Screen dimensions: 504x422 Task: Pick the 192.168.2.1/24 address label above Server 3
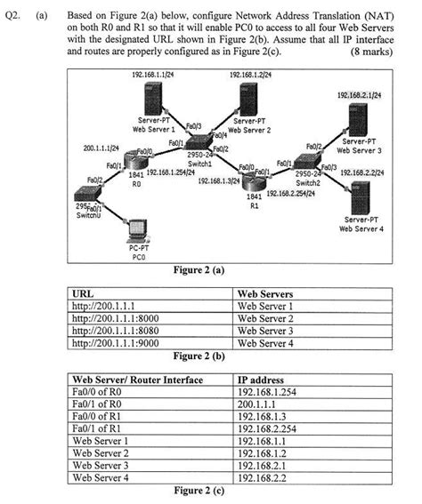(359, 93)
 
